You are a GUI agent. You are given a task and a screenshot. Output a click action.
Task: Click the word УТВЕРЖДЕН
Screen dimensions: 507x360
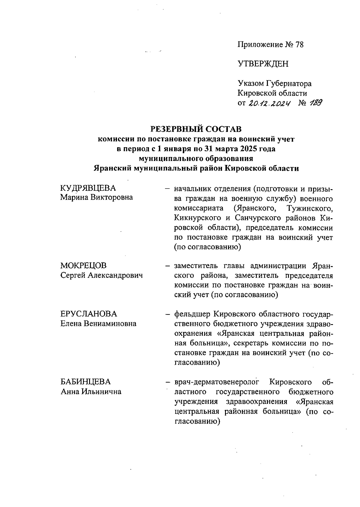pyautogui.click(x=263, y=64)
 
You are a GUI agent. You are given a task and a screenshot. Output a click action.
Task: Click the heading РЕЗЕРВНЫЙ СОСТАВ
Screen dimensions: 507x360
pyautogui.click(x=196, y=129)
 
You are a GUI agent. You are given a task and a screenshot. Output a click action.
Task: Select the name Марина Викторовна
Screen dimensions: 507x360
pyautogui.click(x=96, y=198)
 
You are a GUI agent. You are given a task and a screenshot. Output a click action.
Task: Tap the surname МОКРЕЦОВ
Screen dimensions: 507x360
pyautogui.click(x=83, y=265)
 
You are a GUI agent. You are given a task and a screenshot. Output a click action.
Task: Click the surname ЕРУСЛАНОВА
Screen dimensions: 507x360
pyautogui.click(x=88, y=314)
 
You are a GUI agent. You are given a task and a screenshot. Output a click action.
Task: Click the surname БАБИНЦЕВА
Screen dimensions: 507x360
pyautogui.click(x=85, y=382)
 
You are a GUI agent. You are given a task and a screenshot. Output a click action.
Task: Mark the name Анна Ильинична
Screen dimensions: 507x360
pyautogui.click(x=91, y=392)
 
